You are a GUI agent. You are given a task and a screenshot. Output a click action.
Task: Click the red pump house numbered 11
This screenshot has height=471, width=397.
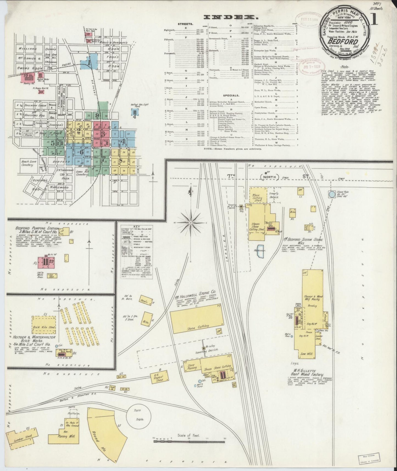point(45,261)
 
